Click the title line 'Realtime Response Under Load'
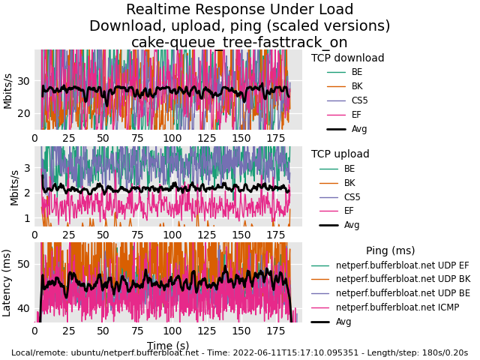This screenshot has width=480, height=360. [239, 10]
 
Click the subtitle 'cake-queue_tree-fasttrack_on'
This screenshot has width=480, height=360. [239, 43]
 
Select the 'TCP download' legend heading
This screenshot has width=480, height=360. [347, 58]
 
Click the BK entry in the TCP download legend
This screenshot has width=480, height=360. [357, 86]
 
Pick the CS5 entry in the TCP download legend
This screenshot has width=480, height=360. [359, 100]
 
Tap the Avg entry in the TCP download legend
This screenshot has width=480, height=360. [359, 129]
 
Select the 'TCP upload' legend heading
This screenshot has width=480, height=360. [340, 154]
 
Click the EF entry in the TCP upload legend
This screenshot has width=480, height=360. [349, 211]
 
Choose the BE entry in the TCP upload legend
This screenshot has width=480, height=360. [349, 169]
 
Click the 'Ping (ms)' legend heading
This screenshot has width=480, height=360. [390, 251]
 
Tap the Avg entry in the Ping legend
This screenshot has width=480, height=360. [343, 322]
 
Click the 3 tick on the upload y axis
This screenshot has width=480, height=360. [27, 167]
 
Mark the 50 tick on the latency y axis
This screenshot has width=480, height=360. [24, 264]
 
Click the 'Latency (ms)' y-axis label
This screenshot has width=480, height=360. [7, 282]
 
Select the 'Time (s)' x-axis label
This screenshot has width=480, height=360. [168, 346]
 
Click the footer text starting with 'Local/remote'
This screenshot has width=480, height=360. [239, 353]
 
